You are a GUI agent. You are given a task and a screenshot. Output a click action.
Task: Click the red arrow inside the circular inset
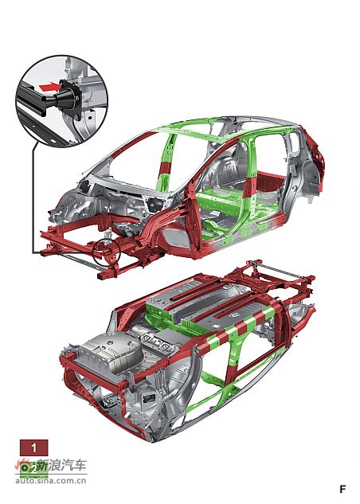[x=50, y=87]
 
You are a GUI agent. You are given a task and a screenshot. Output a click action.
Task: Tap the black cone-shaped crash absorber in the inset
[x=66, y=98]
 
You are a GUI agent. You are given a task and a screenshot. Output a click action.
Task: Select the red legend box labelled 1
[x=33, y=447]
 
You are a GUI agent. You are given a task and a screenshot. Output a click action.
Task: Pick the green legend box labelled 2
[x=33, y=469]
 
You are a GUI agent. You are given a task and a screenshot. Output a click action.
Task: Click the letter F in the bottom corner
[x=342, y=489]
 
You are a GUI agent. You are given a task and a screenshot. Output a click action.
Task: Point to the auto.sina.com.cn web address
[x=51, y=481]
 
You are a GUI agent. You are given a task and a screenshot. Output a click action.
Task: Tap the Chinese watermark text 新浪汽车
[x=61, y=466]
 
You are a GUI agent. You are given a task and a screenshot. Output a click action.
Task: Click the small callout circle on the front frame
[x=107, y=252]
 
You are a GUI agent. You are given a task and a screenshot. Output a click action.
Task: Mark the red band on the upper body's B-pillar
[x=250, y=187]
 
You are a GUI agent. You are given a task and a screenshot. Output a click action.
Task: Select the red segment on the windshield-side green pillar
[x=166, y=168]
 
